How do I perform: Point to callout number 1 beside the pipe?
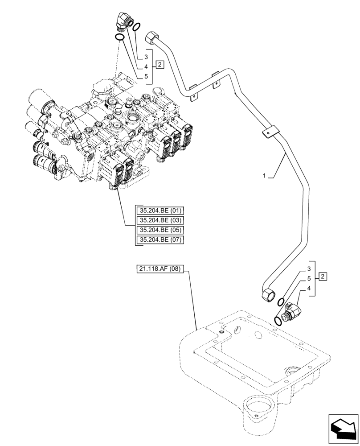tap(264, 176)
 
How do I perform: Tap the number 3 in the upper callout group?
tap(146, 57)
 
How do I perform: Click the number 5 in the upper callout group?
tap(146, 76)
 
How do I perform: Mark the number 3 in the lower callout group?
tap(308, 269)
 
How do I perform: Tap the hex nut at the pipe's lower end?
tap(269, 295)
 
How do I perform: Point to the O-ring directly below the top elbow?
tap(119, 37)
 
